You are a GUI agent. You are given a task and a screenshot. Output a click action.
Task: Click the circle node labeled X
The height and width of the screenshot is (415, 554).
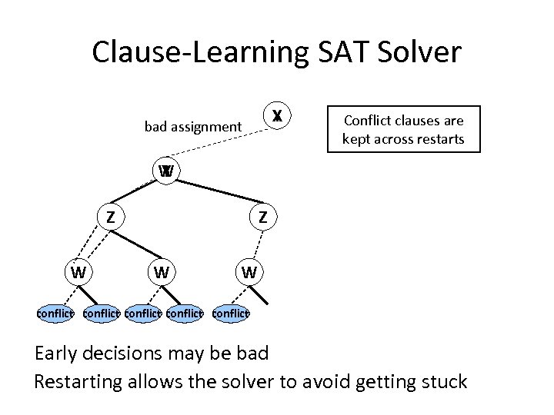tap(277, 116)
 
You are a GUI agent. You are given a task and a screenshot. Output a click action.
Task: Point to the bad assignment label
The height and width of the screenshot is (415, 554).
tap(192, 126)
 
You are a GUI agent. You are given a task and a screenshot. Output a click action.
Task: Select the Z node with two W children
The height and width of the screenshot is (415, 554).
tap(111, 217)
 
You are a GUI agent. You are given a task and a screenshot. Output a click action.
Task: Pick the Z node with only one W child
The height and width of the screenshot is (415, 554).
tap(263, 217)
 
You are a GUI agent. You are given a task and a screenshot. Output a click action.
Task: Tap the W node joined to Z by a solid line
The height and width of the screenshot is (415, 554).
tap(161, 271)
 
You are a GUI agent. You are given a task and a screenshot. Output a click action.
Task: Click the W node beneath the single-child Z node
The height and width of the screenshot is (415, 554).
tap(248, 271)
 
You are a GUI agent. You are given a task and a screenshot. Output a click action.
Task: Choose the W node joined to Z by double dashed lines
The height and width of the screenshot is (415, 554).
tap(78, 271)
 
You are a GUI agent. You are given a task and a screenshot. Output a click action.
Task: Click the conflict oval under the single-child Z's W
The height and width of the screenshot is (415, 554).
tap(231, 313)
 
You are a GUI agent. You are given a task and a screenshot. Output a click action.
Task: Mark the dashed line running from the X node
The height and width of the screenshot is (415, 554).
tap(223, 141)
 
